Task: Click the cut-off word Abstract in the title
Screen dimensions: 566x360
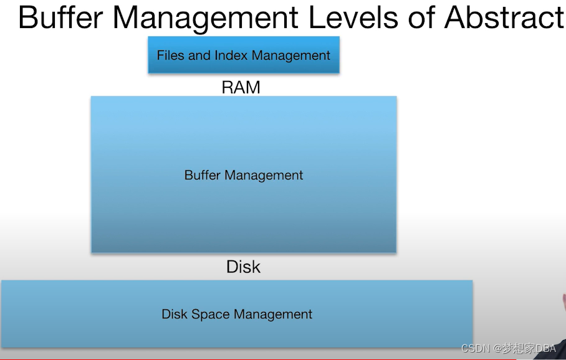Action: [504, 17]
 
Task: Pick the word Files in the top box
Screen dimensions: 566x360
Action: [170, 55]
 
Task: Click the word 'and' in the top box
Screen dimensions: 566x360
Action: [199, 55]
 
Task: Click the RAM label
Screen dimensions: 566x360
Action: [241, 87]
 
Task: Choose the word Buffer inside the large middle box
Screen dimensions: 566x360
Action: [203, 175]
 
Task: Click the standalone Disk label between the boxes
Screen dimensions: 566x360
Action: [243, 267]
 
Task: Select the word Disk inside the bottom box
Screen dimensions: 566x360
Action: [174, 314]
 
